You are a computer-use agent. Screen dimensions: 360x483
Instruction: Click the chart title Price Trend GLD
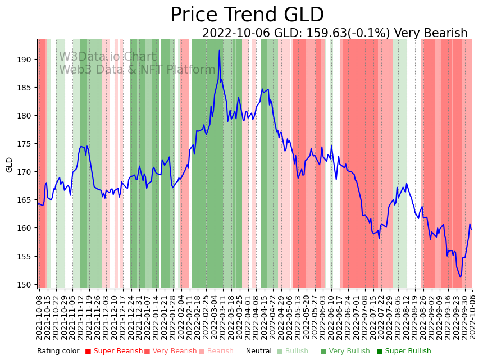247,15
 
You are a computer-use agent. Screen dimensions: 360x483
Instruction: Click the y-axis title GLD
9,165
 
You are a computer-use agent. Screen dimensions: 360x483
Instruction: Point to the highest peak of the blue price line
220,51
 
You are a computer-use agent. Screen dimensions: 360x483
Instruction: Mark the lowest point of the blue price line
461,277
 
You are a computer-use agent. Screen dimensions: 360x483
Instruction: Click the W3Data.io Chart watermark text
107,57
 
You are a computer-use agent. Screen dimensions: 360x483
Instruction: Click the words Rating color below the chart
58,352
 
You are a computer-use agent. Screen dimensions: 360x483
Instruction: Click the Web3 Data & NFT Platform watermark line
137,70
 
